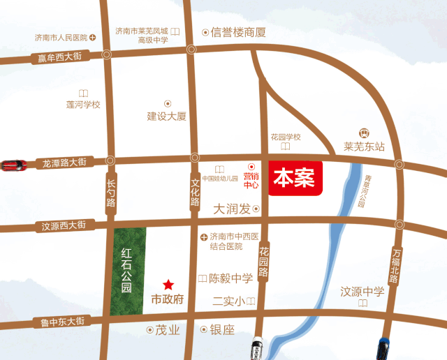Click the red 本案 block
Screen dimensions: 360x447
pos(294,179)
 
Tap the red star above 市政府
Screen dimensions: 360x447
pos(168,285)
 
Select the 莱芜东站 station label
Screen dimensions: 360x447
pos(364,147)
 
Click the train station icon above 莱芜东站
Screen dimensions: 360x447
pos(363,133)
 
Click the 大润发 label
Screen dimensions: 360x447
pos(232,209)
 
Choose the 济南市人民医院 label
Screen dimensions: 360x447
pos(61,37)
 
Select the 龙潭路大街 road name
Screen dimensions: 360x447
pos(64,163)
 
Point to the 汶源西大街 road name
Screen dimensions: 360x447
pos(64,225)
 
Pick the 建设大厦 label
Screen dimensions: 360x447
pos(166,117)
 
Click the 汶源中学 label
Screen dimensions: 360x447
pos(362,292)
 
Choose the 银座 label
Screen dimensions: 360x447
pos(223,329)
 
